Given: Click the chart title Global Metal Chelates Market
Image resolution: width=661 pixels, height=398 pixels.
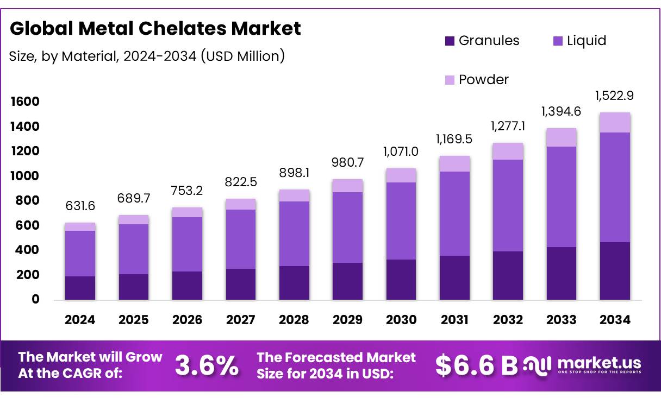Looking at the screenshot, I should point(155,28).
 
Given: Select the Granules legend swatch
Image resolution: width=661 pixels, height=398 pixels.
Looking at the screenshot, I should point(450,41).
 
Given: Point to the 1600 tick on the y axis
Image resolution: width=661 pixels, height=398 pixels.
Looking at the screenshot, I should point(24,102).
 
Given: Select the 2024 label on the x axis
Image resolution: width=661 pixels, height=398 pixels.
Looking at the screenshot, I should point(80,320).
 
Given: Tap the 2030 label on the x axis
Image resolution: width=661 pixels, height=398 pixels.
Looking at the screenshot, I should point(401,320).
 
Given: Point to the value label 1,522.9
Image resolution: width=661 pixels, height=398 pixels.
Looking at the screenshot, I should point(615,96).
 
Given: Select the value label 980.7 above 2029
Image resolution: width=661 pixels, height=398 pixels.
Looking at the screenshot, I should point(347,163).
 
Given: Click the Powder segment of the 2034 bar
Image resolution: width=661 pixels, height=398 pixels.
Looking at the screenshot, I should point(615,123).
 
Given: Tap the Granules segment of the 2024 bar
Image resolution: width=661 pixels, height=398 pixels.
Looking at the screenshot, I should point(80,288).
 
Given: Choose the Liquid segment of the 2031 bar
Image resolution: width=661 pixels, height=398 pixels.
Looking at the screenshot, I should point(454,213).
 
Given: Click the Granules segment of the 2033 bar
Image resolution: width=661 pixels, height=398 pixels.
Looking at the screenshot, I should point(562,273).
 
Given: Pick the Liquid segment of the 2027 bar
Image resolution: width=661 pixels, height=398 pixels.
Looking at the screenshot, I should point(240,239).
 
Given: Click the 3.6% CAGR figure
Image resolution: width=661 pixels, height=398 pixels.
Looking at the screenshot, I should point(207,366).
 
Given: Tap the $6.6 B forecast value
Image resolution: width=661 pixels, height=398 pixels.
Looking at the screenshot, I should point(476,366).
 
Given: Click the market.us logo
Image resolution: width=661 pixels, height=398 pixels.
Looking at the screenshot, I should point(583,365).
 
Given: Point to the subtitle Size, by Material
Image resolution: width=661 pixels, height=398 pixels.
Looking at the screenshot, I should point(147,55).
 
